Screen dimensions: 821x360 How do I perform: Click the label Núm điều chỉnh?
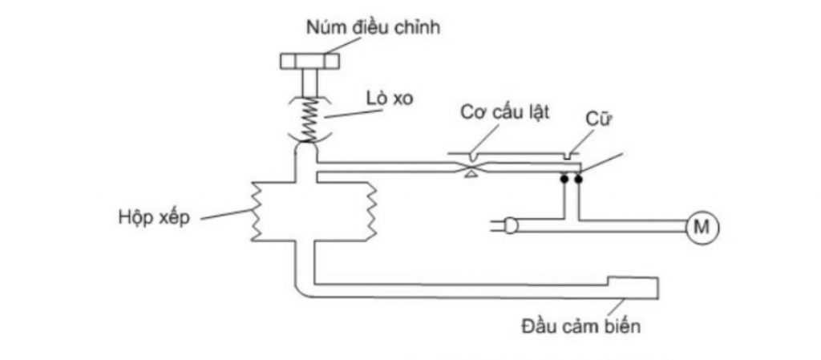click(x=373, y=27)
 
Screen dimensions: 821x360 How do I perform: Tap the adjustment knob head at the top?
click(x=309, y=62)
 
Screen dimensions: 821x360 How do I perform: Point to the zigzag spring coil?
click(x=310, y=120)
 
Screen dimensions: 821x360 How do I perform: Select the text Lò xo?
click(x=390, y=99)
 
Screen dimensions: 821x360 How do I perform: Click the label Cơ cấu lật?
click(x=505, y=112)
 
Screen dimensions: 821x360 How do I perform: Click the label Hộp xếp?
click(x=154, y=218)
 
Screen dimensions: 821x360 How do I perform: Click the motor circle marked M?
click(x=702, y=227)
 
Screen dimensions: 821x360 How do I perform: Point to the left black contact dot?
click(x=564, y=179)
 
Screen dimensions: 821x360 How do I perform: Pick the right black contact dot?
click(x=579, y=179)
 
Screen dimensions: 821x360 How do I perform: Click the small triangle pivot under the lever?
click(x=471, y=174)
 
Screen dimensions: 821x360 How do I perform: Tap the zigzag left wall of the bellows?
click(x=256, y=211)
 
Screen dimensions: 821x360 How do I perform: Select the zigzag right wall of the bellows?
click(x=372, y=211)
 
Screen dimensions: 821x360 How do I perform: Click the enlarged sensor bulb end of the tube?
click(x=633, y=287)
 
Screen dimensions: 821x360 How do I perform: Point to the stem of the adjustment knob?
click(x=309, y=83)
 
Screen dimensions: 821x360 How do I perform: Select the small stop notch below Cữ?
click(x=568, y=156)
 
